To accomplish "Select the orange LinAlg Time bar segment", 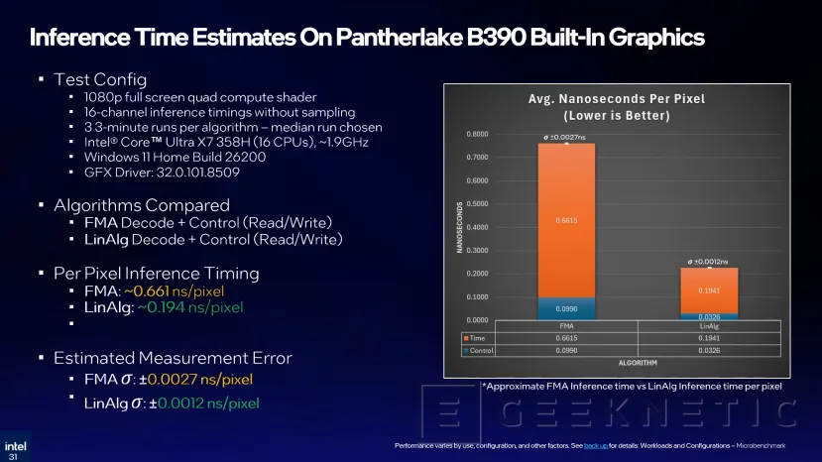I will point(709,289).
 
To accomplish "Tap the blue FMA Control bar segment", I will point(566,308).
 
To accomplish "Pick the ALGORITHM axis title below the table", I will point(638,364).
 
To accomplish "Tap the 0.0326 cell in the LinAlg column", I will point(709,350).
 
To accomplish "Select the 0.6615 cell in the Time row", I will point(566,337).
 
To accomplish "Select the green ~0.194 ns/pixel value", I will point(182,308).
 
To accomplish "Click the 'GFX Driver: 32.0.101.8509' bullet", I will point(149,173).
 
